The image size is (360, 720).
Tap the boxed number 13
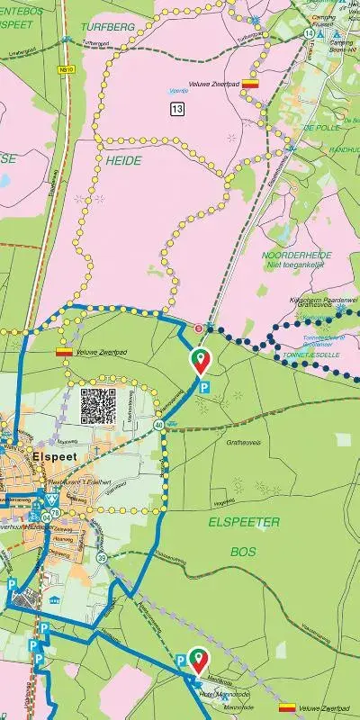[175, 109]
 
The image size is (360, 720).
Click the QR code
[98, 406]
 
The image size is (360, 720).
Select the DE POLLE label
[320, 128]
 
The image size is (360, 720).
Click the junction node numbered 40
[158, 424]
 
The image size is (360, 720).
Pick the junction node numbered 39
[102, 559]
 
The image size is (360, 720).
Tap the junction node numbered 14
[309, 33]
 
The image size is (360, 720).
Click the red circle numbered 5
[200, 327]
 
